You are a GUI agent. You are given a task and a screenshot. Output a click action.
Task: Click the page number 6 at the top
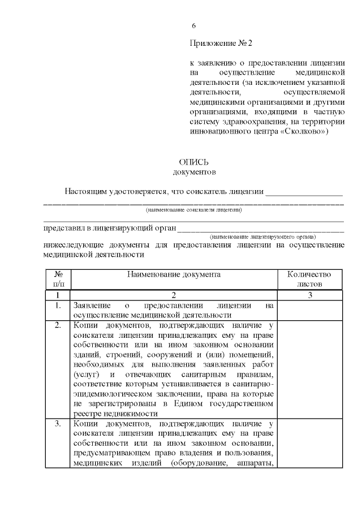[x=194, y=26]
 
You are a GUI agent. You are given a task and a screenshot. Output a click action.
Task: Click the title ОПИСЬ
[x=194, y=162]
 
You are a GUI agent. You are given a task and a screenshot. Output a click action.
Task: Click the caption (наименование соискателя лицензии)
[x=194, y=210]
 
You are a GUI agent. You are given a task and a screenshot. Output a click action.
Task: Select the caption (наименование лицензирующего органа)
[x=262, y=236]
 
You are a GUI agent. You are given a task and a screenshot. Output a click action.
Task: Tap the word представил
[x=64, y=229]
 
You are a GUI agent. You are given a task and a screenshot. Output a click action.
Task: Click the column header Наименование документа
[x=173, y=274]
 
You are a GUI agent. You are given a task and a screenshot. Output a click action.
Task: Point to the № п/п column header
[x=58, y=279]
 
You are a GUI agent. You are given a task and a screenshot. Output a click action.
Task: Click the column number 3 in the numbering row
[x=310, y=295]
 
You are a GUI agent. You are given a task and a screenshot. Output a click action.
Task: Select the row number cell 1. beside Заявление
[x=58, y=306]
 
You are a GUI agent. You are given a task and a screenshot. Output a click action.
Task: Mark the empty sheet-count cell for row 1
[x=310, y=311]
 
